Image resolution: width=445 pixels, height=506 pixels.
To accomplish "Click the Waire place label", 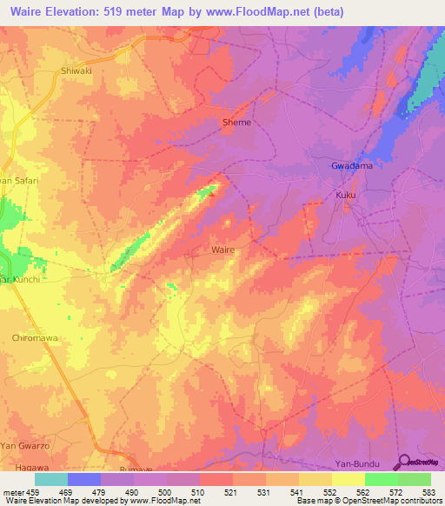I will tap(222, 249).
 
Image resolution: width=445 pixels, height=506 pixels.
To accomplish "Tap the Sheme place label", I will tap(237, 123).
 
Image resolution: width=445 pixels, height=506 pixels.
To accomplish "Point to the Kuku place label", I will tap(346, 196).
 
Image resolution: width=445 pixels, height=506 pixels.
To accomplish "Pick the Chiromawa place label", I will tap(35, 336).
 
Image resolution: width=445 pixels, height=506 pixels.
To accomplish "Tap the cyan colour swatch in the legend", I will tap(51, 479).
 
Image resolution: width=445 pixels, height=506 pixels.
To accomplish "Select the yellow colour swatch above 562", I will tap(349, 479).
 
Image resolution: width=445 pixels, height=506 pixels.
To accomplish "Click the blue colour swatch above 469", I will tap(84, 479).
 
